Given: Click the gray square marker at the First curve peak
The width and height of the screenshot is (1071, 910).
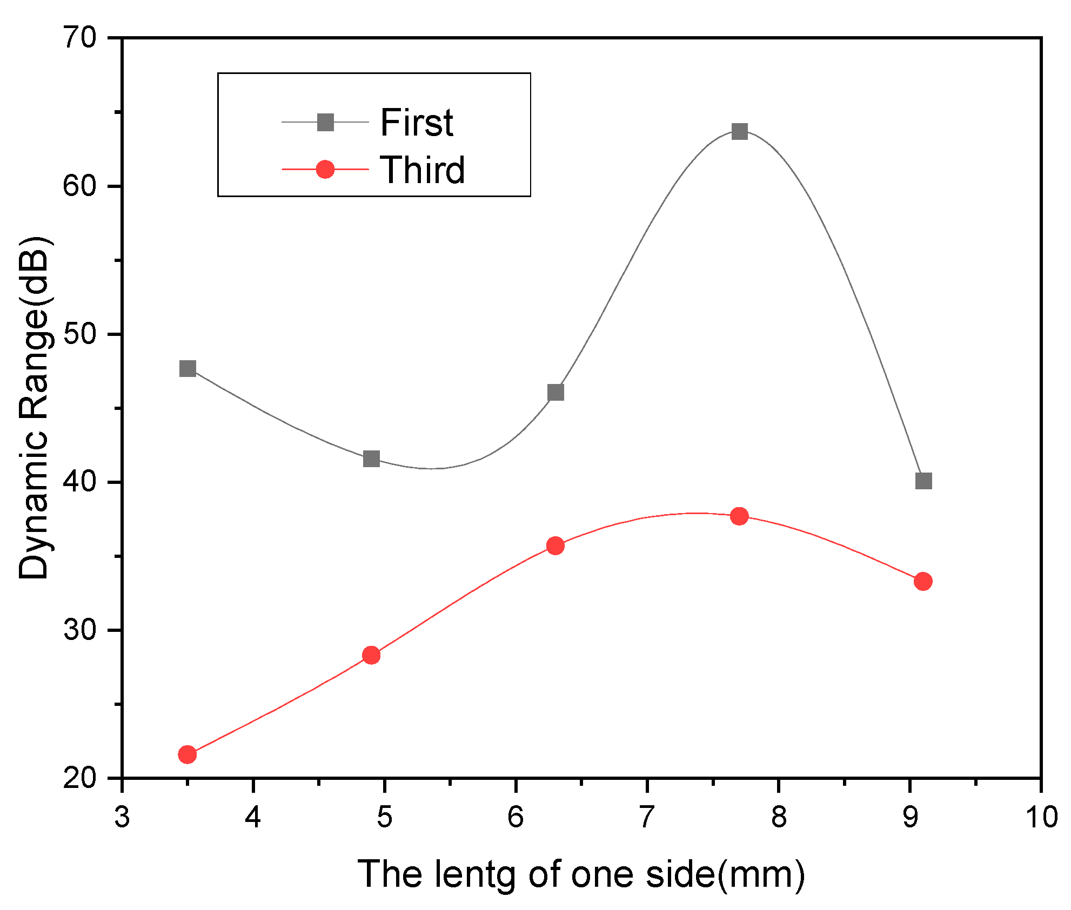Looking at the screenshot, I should tap(739, 131).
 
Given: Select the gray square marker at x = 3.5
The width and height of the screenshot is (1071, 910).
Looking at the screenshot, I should tap(188, 369).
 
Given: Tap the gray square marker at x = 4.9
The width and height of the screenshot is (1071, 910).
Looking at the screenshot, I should tap(371, 459).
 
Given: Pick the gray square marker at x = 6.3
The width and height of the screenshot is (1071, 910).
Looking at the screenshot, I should tap(555, 392).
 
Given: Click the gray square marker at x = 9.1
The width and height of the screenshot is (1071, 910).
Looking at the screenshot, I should tap(923, 481).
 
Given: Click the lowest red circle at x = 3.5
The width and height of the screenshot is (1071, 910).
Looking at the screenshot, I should tap(187, 754).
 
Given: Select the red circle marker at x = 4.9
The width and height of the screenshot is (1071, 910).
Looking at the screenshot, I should tap(371, 655).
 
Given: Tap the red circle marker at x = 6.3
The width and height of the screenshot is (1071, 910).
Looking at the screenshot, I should tap(555, 545).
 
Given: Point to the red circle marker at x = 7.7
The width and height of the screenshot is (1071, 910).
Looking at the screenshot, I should tap(739, 516).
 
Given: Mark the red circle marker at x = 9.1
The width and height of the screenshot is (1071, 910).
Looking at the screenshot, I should tap(923, 582).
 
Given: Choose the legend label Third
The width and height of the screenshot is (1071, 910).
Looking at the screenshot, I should tap(422, 170).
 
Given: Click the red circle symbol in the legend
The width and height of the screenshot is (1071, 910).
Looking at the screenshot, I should tap(325, 170).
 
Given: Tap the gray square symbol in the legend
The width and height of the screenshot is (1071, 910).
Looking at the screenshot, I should tap(325, 123).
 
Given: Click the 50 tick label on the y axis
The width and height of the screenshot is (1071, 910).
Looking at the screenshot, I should tap(79, 334).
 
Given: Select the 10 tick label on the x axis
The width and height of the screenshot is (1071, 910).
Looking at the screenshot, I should tap(1041, 817).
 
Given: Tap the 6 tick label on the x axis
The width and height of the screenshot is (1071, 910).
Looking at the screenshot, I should tap(516, 817).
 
